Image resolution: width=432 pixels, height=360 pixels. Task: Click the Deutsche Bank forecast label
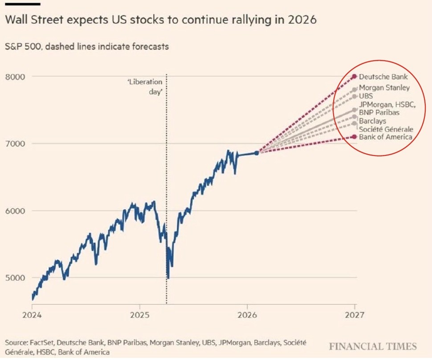click(x=383, y=77)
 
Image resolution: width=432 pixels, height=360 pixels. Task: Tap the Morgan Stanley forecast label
click(x=384, y=88)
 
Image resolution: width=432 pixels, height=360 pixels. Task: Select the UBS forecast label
click(x=366, y=96)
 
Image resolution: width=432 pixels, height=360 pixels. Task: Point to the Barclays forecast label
click(x=372, y=121)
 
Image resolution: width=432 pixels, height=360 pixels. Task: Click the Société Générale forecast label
click(x=386, y=129)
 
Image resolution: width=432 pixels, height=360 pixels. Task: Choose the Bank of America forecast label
click(x=385, y=137)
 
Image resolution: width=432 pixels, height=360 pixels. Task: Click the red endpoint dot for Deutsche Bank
click(x=355, y=76)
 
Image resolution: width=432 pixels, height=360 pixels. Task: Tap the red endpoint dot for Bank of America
click(x=355, y=137)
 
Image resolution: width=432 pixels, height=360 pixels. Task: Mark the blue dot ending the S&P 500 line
click(x=257, y=153)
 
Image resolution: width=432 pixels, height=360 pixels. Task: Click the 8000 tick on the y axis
click(x=15, y=77)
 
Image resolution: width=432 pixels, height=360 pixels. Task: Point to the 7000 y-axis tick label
click(x=15, y=143)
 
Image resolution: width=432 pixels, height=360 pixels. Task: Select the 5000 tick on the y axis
click(x=15, y=278)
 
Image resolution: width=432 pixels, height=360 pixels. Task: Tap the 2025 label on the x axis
click(x=140, y=315)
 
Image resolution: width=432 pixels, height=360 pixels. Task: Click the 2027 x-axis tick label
click(x=355, y=315)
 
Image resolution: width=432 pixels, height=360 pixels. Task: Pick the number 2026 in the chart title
click(x=302, y=20)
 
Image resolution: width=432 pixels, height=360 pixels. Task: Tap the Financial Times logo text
click(x=373, y=347)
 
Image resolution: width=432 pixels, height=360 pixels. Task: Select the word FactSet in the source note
click(x=42, y=343)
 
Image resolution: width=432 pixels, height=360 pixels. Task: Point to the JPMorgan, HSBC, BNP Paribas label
click(x=387, y=108)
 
